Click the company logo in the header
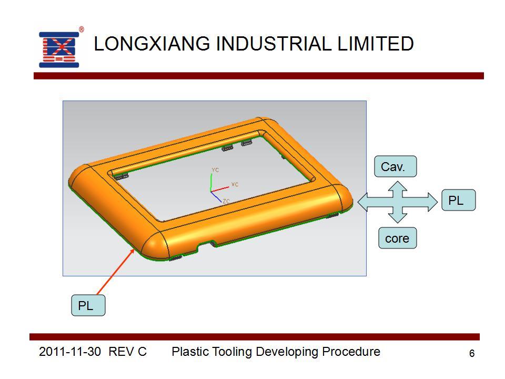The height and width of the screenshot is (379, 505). pyautogui.click(x=59, y=49)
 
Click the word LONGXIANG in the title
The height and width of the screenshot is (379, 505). pyautogui.click(x=151, y=44)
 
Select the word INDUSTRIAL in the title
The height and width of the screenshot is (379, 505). pyautogui.click(x=274, y=44)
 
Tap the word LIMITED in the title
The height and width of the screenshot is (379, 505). pyautogui.click(x=376, y=44)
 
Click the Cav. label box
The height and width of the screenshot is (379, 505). pyautogui.click(x=395, y=166)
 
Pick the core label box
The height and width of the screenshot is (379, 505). pyautogui.click(x=398, y=238)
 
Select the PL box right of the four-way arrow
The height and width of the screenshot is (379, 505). pyautogui.click(x=458, y=200)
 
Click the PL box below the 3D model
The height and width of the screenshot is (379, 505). pyautogui.click(x=88, y=305)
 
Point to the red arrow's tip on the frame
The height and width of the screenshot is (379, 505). pyautogui.click(x=134, y=249)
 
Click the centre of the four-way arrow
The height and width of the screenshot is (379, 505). pyautogui.click(x=398, y=202)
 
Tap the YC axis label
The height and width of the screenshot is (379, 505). pyautogui.click(x=215, y=170)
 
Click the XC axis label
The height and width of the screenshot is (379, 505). pyautogui.click(x=235, y=184)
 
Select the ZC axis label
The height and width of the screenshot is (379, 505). pyautogui.click(x=226, y=201)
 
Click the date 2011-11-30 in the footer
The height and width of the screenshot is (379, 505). pyautogui.click(x=70, y=351)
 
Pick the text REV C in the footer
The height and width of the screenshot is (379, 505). pyautogui.click(x=127, y=351)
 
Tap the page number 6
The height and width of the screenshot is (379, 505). pyautogui.click(x=472, y=353)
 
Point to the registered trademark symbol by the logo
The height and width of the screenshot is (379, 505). pyautogui.click(x=82, y=29)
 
